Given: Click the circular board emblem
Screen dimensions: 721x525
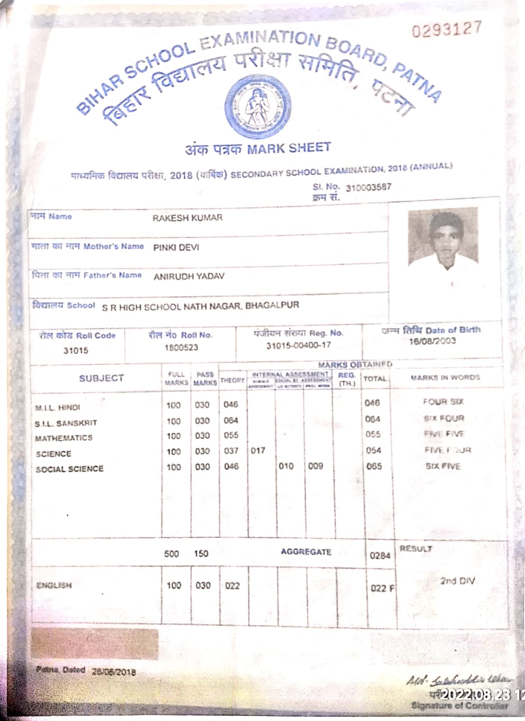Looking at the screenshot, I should [258, 105].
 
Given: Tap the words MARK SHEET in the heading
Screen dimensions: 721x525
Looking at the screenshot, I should [289, 148].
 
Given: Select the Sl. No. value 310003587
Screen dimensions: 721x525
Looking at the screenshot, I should [368, 187].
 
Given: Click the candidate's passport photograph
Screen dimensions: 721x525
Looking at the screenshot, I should [443, 237].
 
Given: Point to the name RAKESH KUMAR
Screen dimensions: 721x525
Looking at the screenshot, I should [187, 218].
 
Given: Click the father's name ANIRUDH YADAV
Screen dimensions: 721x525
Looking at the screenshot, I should [189, 276].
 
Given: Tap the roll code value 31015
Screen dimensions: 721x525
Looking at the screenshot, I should [76, 350].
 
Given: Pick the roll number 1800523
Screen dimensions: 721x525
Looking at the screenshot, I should [181, 348].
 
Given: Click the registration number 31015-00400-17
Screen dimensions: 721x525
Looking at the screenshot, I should [298, 345].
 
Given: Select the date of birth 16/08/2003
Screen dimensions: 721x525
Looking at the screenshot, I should [432, 341].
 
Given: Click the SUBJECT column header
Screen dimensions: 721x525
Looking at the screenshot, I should [101, 378].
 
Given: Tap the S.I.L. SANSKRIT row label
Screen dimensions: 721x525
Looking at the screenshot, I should [66, 423].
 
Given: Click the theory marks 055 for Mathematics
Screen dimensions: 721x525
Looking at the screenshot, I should [231, 436].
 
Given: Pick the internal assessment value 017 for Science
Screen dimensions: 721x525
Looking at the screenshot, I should [258, 450].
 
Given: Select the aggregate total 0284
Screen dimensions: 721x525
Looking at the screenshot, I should [380, 556].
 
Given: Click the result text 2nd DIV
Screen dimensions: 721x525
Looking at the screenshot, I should [457, 581].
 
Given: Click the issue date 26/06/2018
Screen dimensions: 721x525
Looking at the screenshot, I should [113, 672].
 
